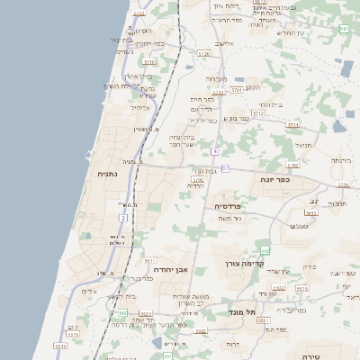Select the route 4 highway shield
click(x=215, y=151)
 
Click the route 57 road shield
click(x=225, y=168)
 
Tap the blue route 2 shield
click(x=122, y=218)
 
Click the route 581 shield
click(x=344, y=29)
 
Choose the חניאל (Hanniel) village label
click(x=304, y=143)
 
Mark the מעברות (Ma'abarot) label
click(x=216, y=78)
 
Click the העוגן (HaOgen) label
click(x=253, y=87)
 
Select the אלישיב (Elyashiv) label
click(x=224, y=43)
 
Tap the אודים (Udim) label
click(x=88, y=291)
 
